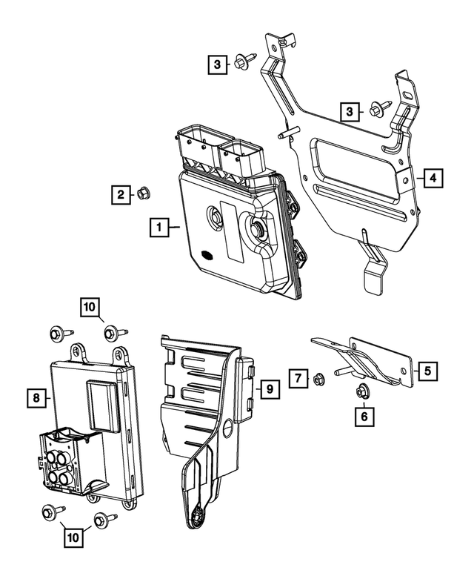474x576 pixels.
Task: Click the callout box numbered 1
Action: tap(157, 227)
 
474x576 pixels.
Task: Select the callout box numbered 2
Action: tap(119, 195)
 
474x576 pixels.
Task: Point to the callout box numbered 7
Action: tap(298, 380)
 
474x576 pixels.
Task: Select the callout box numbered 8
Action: tap(36, 399)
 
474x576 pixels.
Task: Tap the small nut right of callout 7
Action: tap(317, 380)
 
